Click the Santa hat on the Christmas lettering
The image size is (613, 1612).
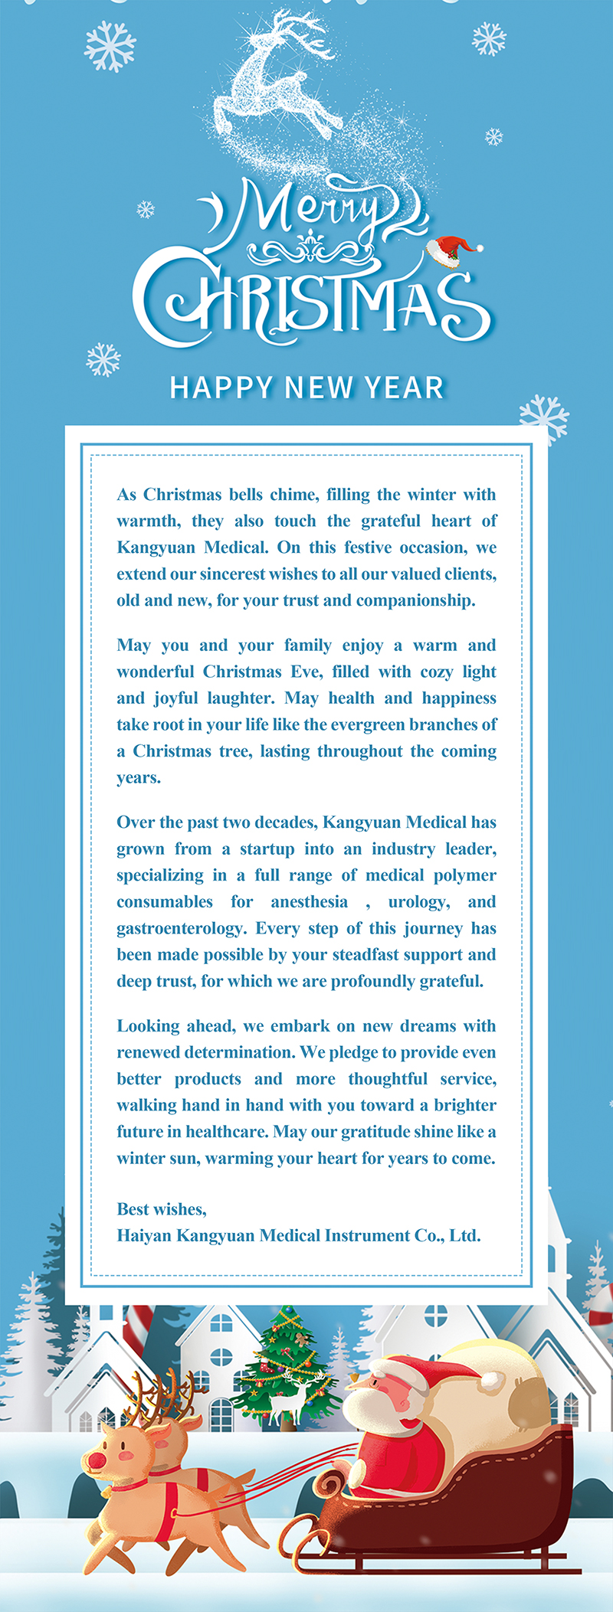[453, 250]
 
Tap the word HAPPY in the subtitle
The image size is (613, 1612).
[221, 387]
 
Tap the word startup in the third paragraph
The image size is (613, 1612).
[267, 849]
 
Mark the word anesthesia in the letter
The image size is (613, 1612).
[309, 902]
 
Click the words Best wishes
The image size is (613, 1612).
[162, 1209]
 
